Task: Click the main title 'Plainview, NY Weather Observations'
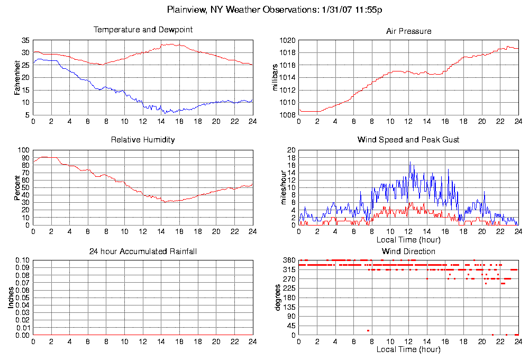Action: pos(275,10)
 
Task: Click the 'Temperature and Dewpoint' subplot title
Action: pos(143,30)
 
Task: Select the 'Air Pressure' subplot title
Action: pos(408,31)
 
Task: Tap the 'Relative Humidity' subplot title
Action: pos(143,140)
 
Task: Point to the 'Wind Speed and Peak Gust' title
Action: pos(408,140)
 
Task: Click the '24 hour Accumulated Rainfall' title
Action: pos(143,251)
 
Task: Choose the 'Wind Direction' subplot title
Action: pos(408,251)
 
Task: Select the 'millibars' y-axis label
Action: pos(275,77)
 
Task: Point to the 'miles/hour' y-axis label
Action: pos(275,188)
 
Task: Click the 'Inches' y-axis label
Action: pos(11,298)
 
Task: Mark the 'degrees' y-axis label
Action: pos(277,298)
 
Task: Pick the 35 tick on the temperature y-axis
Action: pos(25,40)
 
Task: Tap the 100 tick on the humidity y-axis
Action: pos(23,150)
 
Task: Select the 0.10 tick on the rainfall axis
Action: pos(22,260)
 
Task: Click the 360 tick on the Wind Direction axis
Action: pos(288,260)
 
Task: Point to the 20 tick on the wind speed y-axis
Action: pos(290,150)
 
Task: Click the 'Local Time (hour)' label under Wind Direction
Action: pos(408,349)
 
